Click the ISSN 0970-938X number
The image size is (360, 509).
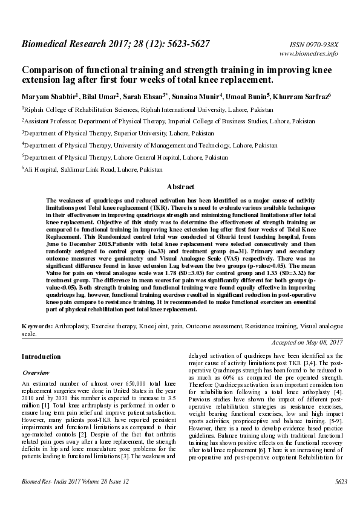click(x=317, y=45)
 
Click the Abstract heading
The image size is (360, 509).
click(x=180, y=187)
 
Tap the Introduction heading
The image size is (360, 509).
click(x=41, y=357)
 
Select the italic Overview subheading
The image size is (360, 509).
click(x=36, y=372)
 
